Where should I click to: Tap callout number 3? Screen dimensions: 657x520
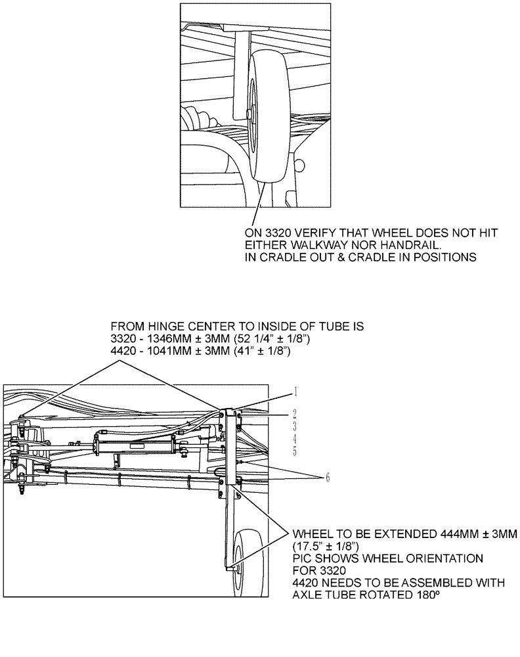pos(296,426)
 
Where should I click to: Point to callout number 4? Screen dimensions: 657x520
pos(296,438)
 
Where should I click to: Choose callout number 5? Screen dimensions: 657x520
pos(296,451)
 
